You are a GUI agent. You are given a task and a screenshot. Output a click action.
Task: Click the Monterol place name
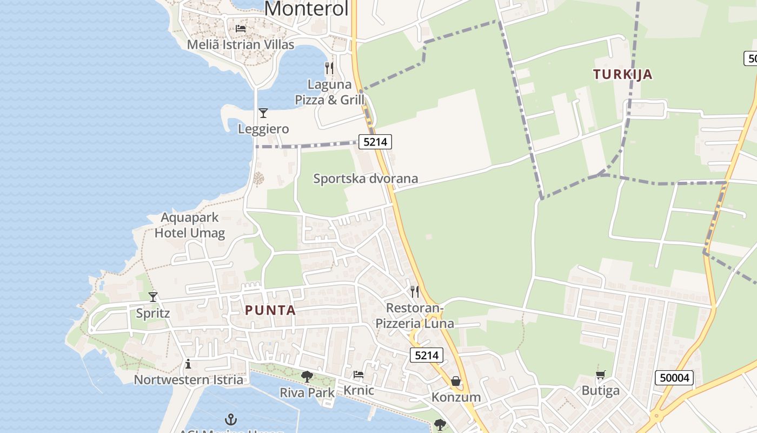[306, 9]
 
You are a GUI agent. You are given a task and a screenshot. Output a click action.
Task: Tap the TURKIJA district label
[622, 75]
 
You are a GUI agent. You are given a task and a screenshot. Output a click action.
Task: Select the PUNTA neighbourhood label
[270, 310]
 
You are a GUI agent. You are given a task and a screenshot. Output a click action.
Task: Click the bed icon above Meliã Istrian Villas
[241, 29]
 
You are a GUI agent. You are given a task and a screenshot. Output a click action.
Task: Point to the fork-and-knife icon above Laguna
[329, 68]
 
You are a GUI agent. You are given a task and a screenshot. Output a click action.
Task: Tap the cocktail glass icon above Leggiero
[263, 113]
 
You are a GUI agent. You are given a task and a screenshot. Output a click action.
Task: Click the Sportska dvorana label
[366, 179]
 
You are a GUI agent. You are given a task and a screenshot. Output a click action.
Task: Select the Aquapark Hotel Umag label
[190, 225]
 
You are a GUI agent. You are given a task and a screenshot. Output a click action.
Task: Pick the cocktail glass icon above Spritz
[153, 297]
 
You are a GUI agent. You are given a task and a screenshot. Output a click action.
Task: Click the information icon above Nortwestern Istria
[188, 364]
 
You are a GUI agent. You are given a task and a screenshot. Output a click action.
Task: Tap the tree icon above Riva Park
[307, 376]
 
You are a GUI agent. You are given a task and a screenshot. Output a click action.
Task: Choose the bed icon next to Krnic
[358, 375]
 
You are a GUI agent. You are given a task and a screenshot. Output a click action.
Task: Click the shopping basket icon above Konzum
[456, 382]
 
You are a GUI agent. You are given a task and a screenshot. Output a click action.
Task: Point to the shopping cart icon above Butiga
[600, 375]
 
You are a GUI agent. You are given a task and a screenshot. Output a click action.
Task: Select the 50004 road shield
[674, 377]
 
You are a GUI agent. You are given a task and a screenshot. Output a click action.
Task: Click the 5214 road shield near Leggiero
[375, 142]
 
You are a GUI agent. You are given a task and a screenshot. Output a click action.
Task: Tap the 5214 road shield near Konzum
[427, 355]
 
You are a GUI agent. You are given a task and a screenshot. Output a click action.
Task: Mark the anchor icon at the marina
[231, 419]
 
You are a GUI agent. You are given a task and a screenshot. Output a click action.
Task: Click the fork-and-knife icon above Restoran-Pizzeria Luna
[415, 292]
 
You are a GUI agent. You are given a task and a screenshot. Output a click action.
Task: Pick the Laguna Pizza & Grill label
[329, 92]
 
